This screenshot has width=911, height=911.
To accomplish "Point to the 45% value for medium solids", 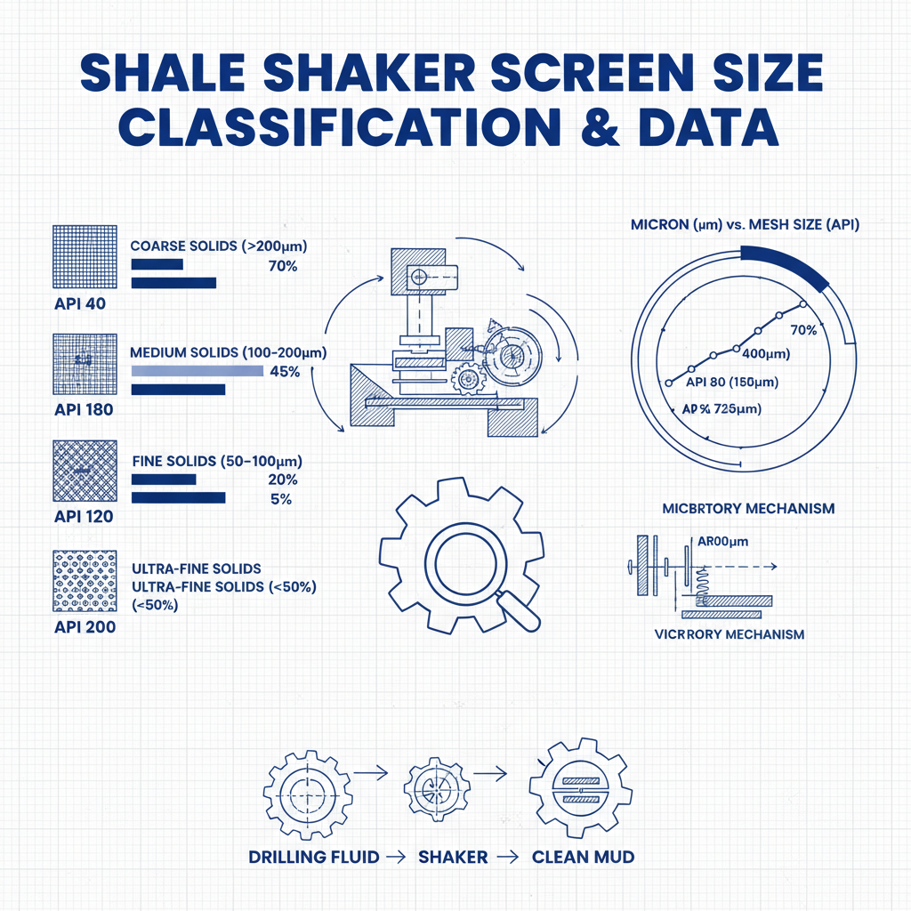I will point(284,372).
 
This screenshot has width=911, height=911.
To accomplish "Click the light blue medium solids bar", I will point(197,371).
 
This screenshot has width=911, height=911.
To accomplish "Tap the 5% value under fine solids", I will point(281,499).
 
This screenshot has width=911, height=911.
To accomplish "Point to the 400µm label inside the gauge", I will point(766,354).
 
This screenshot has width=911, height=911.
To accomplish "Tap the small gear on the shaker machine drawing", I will point(466,379).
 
